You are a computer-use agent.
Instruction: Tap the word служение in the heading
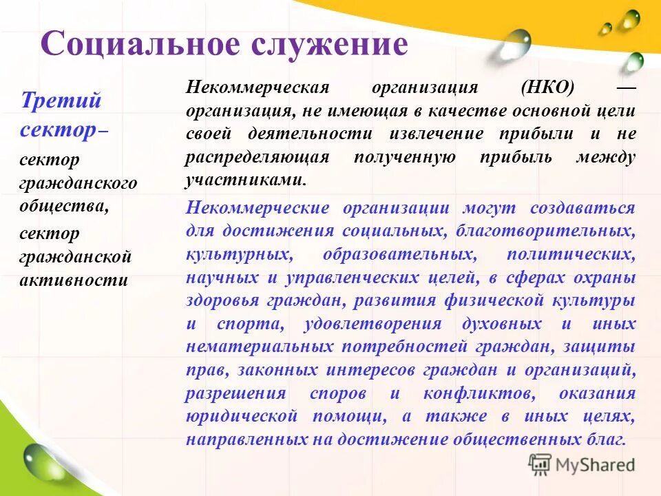point(329,44)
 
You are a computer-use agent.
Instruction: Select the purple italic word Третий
point(61,101)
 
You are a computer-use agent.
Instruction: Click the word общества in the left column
point(63,206)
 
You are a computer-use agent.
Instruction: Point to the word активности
point(73,280)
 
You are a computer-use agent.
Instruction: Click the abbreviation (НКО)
point(547,88)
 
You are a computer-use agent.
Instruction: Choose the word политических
point(570,254)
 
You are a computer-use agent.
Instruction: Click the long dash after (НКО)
point(625,88)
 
